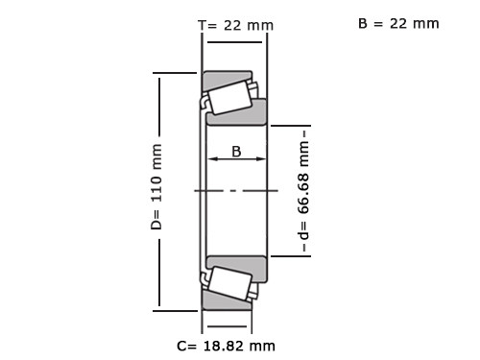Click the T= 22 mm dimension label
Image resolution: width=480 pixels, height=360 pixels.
[x=235, y=25]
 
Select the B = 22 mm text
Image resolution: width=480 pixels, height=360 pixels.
[x=398, y=24]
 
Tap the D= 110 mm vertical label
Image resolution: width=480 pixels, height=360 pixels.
[x=156, y=187]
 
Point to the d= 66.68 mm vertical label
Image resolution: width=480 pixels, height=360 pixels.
[x=303, y=191]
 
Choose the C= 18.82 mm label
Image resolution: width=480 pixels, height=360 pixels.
[x=226, y=346]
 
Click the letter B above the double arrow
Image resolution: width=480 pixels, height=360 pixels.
[x=236, y=152]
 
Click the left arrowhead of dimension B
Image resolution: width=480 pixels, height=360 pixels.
[x=213, y=158]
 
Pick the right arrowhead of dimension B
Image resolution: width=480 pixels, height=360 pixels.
[x=261, y=158]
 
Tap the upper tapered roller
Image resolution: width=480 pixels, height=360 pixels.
[x=229, y=98]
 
